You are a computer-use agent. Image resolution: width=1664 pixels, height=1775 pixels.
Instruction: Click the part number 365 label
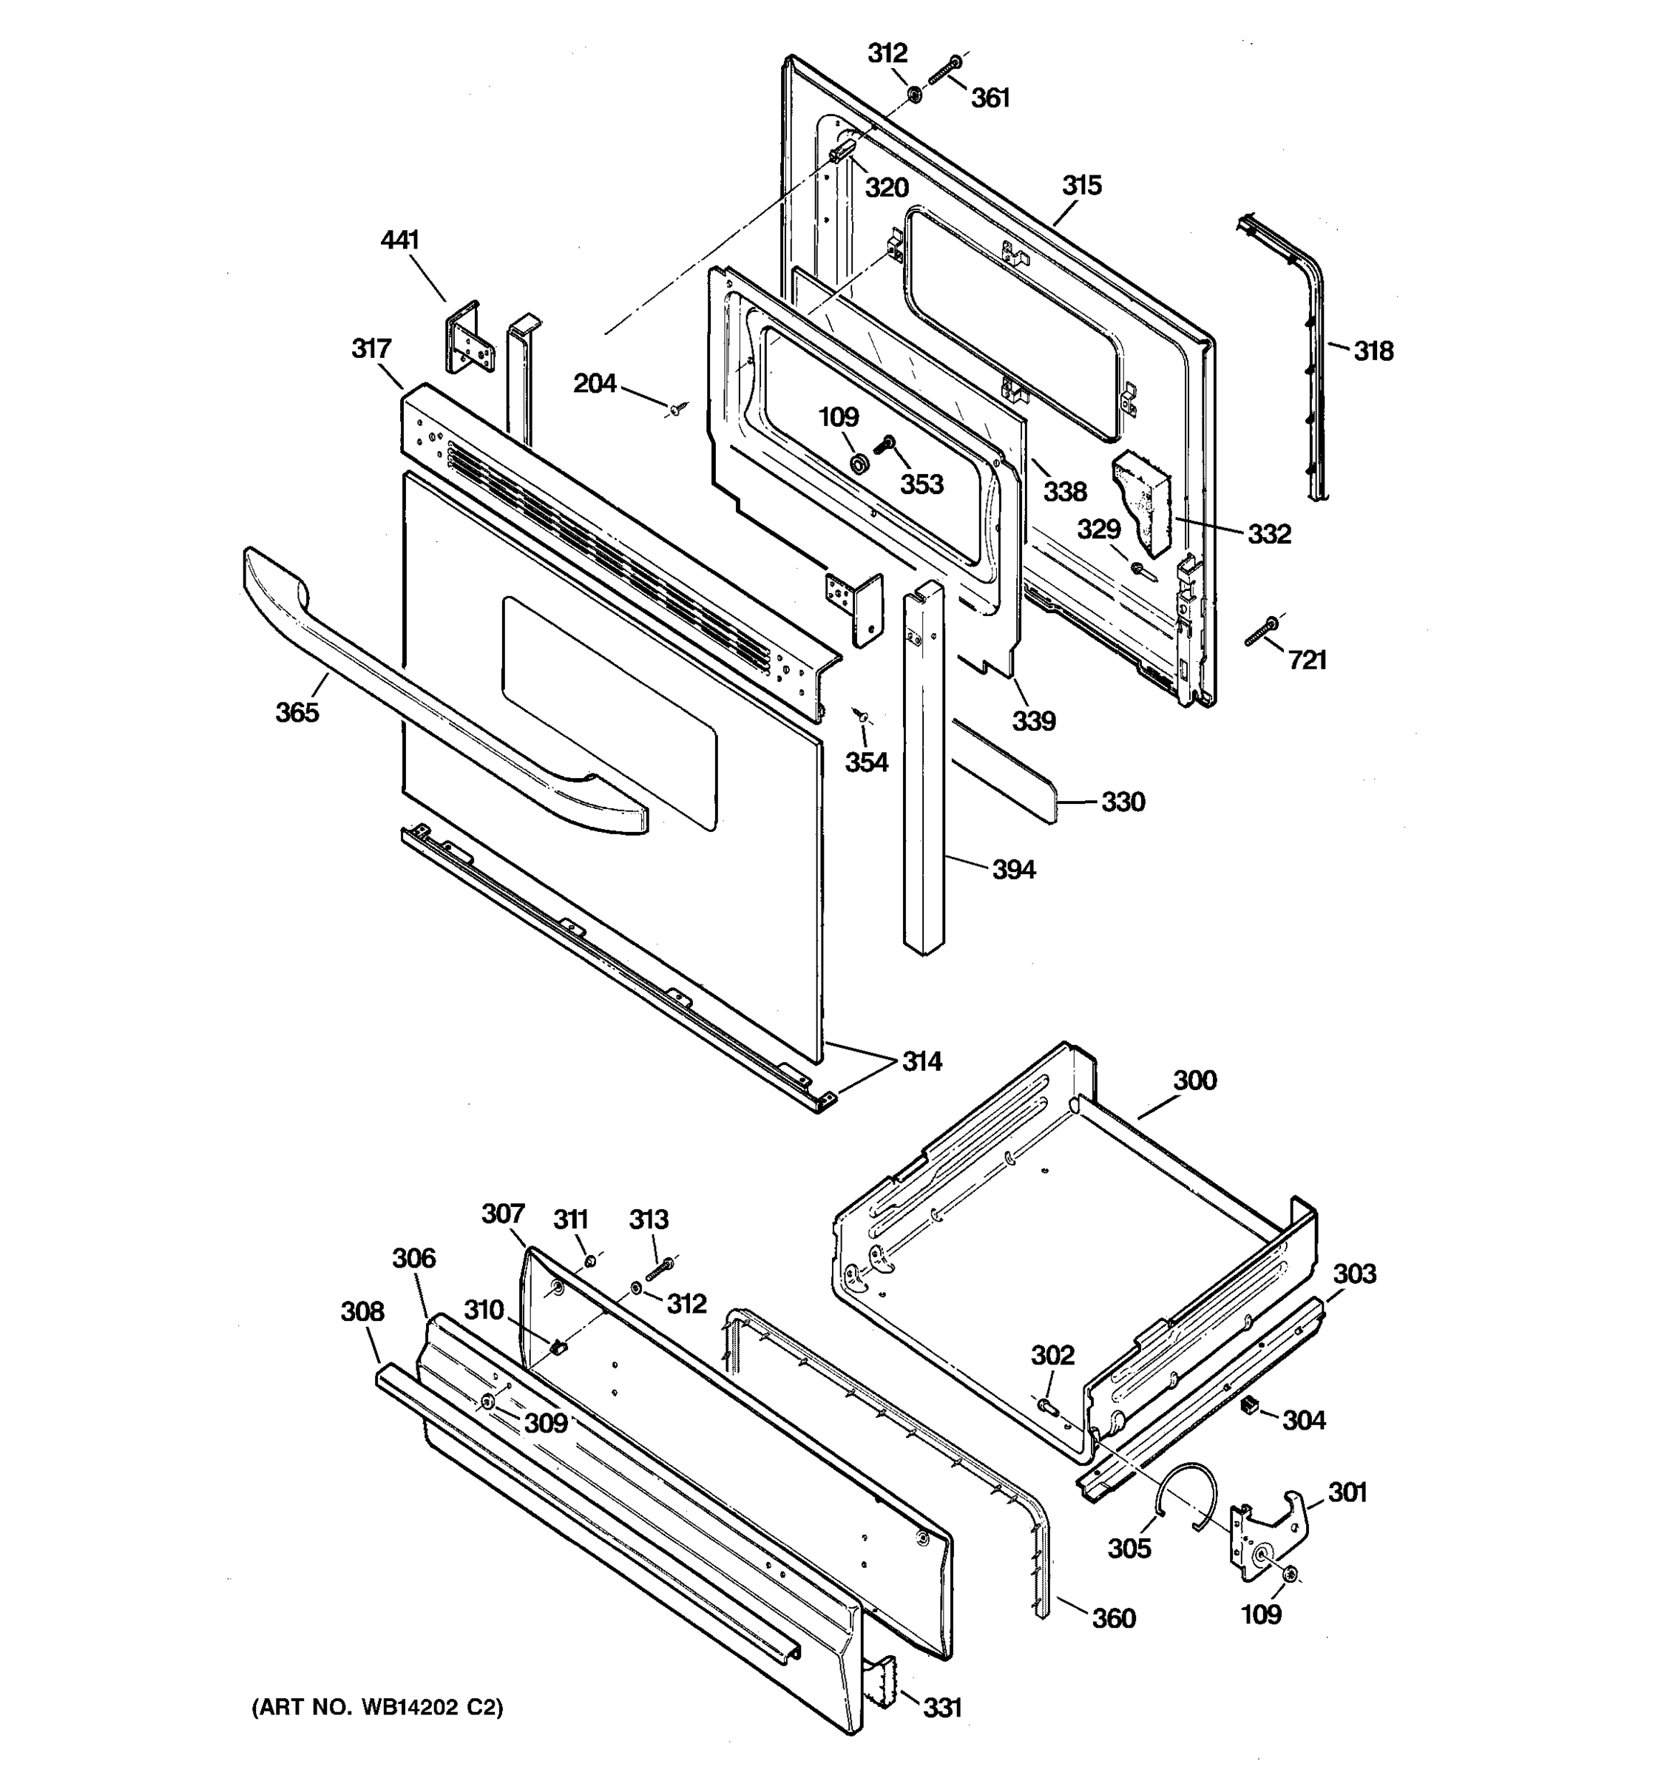click(297, 711)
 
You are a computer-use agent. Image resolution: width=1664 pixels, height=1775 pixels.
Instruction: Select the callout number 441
click(399, 240)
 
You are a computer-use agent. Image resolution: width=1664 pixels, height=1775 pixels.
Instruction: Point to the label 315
click(1081, 185)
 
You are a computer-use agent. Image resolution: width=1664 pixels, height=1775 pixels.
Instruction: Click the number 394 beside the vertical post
click(1013, 869)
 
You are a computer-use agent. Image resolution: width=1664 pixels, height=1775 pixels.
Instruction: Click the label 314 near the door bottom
click(921, 1061)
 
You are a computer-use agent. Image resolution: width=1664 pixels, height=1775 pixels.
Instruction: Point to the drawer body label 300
click(1194, 1081)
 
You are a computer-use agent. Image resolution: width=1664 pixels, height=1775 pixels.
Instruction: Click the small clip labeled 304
click(1250, 1406)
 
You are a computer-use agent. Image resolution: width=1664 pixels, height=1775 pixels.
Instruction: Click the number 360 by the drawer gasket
click(1113, 1618)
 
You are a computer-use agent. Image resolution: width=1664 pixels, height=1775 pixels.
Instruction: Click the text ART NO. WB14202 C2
click(376, 1707)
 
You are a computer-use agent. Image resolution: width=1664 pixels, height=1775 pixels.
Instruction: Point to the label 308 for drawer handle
click(362, 1311)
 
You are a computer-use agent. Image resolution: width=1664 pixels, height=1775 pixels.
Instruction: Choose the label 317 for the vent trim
click(371, 348)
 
